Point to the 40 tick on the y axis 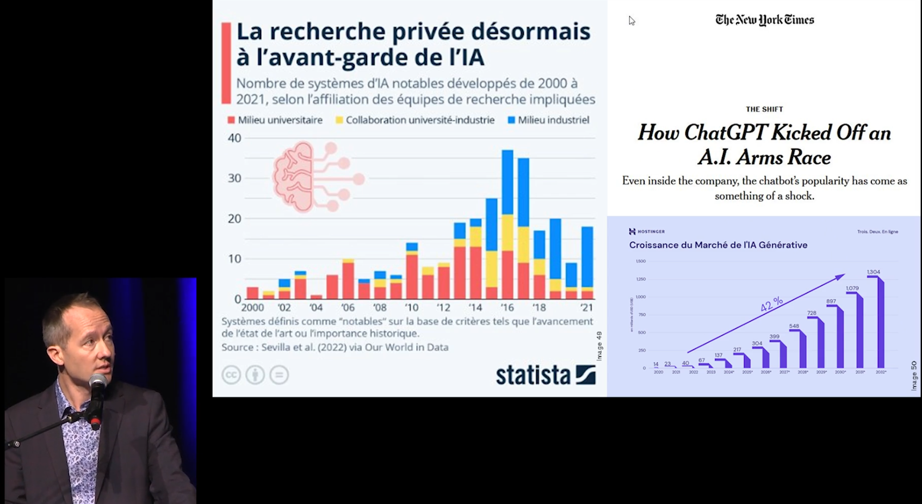(x=234, y=138)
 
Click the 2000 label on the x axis (x=252, y=308)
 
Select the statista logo (x=546, y=375)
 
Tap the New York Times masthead (x=764, y=20)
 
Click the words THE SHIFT (x=764, y=109)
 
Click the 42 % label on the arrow (x=771, y=304)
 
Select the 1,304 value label (x=873, y=272)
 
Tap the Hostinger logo (x=647, y=231)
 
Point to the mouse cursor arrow (x=631, y=20)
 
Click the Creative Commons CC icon (x=231, y=375)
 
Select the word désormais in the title (x=530, y=32)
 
